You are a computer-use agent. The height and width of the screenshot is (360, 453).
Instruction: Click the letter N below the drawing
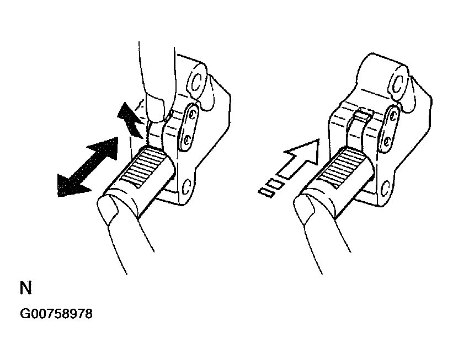point(26,288)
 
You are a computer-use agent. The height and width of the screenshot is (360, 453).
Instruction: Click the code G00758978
point(56,314)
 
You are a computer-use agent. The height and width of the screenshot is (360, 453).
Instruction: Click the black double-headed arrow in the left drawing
point(88,167)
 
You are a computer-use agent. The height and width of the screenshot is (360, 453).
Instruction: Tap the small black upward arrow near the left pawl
point(130,120)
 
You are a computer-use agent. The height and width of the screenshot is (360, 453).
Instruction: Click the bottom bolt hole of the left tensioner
point(186,187)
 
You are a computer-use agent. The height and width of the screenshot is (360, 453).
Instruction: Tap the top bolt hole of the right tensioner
point(398,84)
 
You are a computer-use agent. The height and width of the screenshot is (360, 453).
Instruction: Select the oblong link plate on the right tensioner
point(389,129)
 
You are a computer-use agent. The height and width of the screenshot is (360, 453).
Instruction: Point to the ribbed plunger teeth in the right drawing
point(339,169)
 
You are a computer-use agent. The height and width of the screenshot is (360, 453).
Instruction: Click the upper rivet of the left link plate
point(192,114)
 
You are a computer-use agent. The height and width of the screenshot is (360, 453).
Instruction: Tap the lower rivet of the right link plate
point(386,141)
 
